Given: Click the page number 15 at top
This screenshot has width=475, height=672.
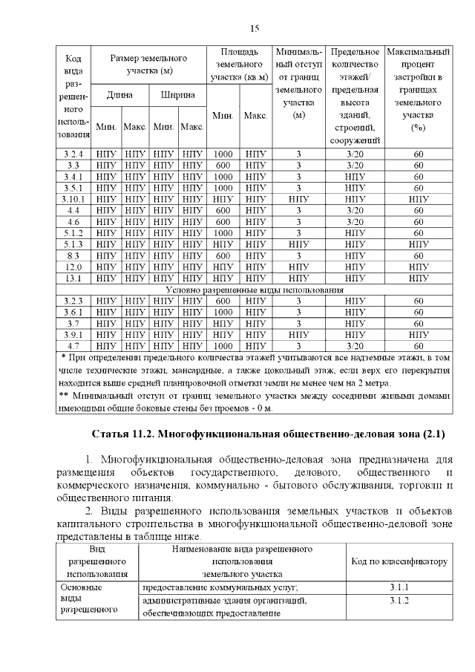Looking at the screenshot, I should click(x=254, y=29).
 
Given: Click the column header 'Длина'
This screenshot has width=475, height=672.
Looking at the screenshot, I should click(x=120, y=95).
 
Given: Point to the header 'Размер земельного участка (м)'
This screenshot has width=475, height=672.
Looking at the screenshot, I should click(x=148, y=64).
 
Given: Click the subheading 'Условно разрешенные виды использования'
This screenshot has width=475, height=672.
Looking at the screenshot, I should click(x=255, y=290).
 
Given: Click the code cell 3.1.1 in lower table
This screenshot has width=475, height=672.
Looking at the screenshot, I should click(x=399, y=588).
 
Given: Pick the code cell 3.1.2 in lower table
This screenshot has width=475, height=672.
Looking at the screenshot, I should click(x=399, y=600).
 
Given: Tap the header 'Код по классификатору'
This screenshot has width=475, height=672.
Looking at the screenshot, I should click(x=399, y=561).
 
